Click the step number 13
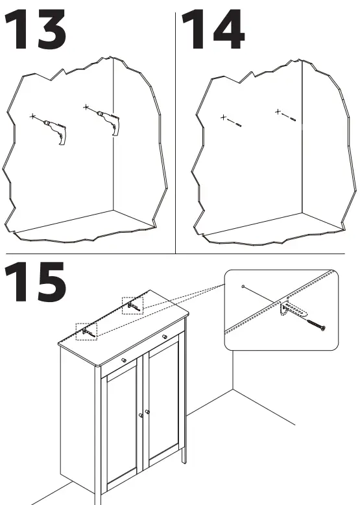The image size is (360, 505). pos(35,29)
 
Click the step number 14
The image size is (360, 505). pos(213,29)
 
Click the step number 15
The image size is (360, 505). pos(35,281)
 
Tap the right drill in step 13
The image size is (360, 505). pos(110,123)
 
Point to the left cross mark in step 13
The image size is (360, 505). pos(32,116)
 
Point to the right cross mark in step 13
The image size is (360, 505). pos(86,107)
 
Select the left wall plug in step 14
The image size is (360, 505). pos(239,124)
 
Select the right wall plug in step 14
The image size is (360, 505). pos(293,119)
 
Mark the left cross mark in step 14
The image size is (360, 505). pos(223,117)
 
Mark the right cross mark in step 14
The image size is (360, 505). pos(278,112)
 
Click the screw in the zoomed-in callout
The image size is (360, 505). pos(316,325)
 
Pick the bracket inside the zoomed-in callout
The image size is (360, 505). pos(293,309)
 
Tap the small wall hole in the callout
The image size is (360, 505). pos(243,286)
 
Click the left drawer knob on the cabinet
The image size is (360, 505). pos(123,359)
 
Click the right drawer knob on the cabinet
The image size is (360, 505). pos(164,336)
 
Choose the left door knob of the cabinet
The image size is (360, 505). pos(141,416)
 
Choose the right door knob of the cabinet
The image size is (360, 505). pos(147,412)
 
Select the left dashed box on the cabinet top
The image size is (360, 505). pos(86,332)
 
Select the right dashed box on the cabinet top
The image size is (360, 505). pos(132,305)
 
